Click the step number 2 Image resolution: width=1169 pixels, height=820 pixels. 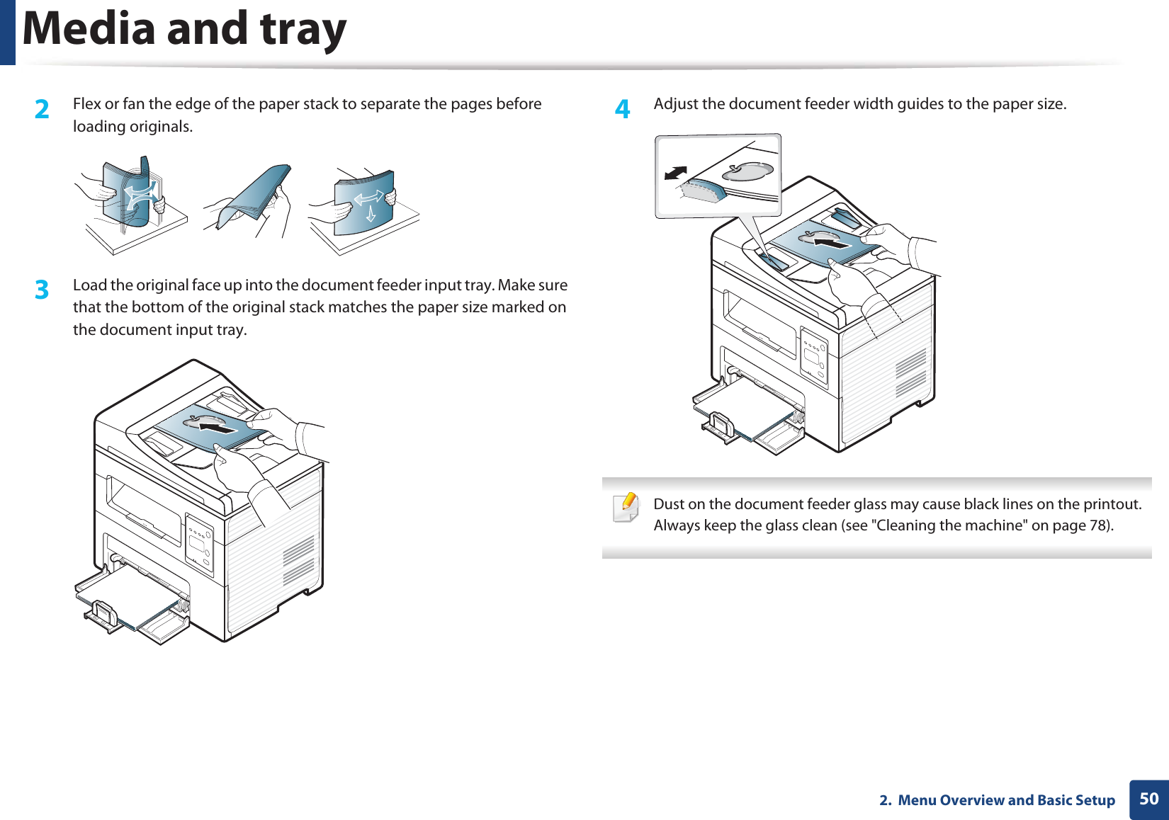pyautogui.click(x=43, y=109)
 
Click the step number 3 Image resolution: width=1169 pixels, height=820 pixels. pyautogui.click(x=43, y=290)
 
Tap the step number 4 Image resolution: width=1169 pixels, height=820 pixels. pyautogui.click(x=622, y=109)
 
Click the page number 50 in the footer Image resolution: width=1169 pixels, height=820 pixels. pyautogui.click(x=1148, y=799)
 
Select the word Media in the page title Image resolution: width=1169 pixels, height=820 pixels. pyautogui.click(x=89, y=29)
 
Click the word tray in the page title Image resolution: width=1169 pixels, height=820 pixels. pyautogui.click(x=303, y=29)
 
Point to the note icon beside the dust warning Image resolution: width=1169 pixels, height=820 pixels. pyautogui.click(x=626, y=507)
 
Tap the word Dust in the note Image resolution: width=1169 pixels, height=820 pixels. pyautogui.click(x=669, y=504)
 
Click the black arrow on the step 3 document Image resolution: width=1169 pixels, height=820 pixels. pyautogui.click(x=218, y=427)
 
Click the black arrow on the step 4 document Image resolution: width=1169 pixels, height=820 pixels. pyautogui.click(x=832, y=243)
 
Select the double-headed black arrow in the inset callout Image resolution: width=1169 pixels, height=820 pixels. pyautogui.click(x=676, y=173)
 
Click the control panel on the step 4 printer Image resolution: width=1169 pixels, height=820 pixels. pyautogui.click(x=814, y=356)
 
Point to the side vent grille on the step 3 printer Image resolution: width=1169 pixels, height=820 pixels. pyautogui.click(x=298, y=559)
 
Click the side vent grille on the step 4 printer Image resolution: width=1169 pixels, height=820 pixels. pyautogui.click(x=910, y=372)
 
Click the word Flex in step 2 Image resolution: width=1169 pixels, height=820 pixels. pyautogui.click(x=87, y=104)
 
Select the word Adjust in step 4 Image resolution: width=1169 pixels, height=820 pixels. pyautogui.click(x=676, y=104)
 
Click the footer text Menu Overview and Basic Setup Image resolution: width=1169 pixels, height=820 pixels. pyautogui.click(x=1006, y=800)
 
